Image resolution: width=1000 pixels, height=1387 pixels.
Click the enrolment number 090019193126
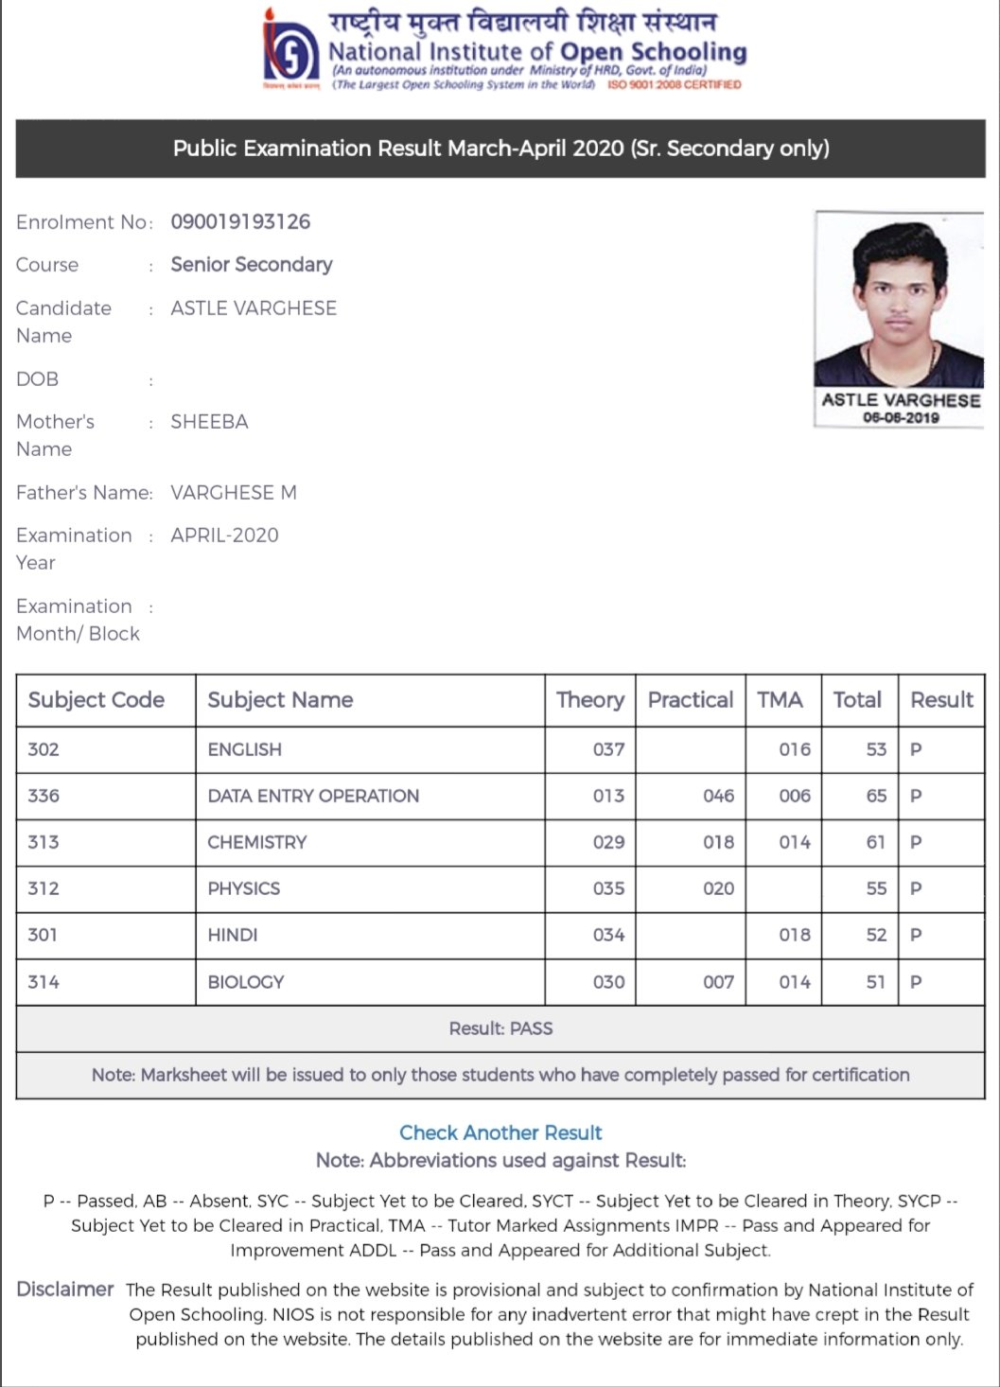[240, 222]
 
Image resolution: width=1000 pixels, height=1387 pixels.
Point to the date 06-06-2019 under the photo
[901, 417]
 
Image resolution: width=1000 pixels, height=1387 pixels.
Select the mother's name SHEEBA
[209, 422]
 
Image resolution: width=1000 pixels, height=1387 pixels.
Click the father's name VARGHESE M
[234, 493]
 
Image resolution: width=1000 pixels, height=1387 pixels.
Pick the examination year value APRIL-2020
[224, 535]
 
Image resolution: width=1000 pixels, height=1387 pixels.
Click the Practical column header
[690, 700]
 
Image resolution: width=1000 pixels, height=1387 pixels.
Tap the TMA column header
[780, 700]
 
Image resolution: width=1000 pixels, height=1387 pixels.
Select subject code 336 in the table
[44, 796]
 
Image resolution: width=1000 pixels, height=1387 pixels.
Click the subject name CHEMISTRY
[257, 842]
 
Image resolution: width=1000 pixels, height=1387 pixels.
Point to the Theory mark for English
[608, 749]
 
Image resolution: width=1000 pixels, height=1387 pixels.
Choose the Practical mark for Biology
[718, 982]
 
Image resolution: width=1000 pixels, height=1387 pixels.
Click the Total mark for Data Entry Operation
[876, 796]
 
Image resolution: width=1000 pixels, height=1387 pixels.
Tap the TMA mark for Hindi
[795, 935]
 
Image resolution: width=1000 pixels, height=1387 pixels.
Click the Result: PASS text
[500, 1028]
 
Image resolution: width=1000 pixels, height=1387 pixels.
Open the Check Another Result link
[500, 1132]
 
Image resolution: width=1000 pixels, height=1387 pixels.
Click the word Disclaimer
[64, 1290]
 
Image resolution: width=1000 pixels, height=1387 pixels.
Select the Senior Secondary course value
[252, 265]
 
